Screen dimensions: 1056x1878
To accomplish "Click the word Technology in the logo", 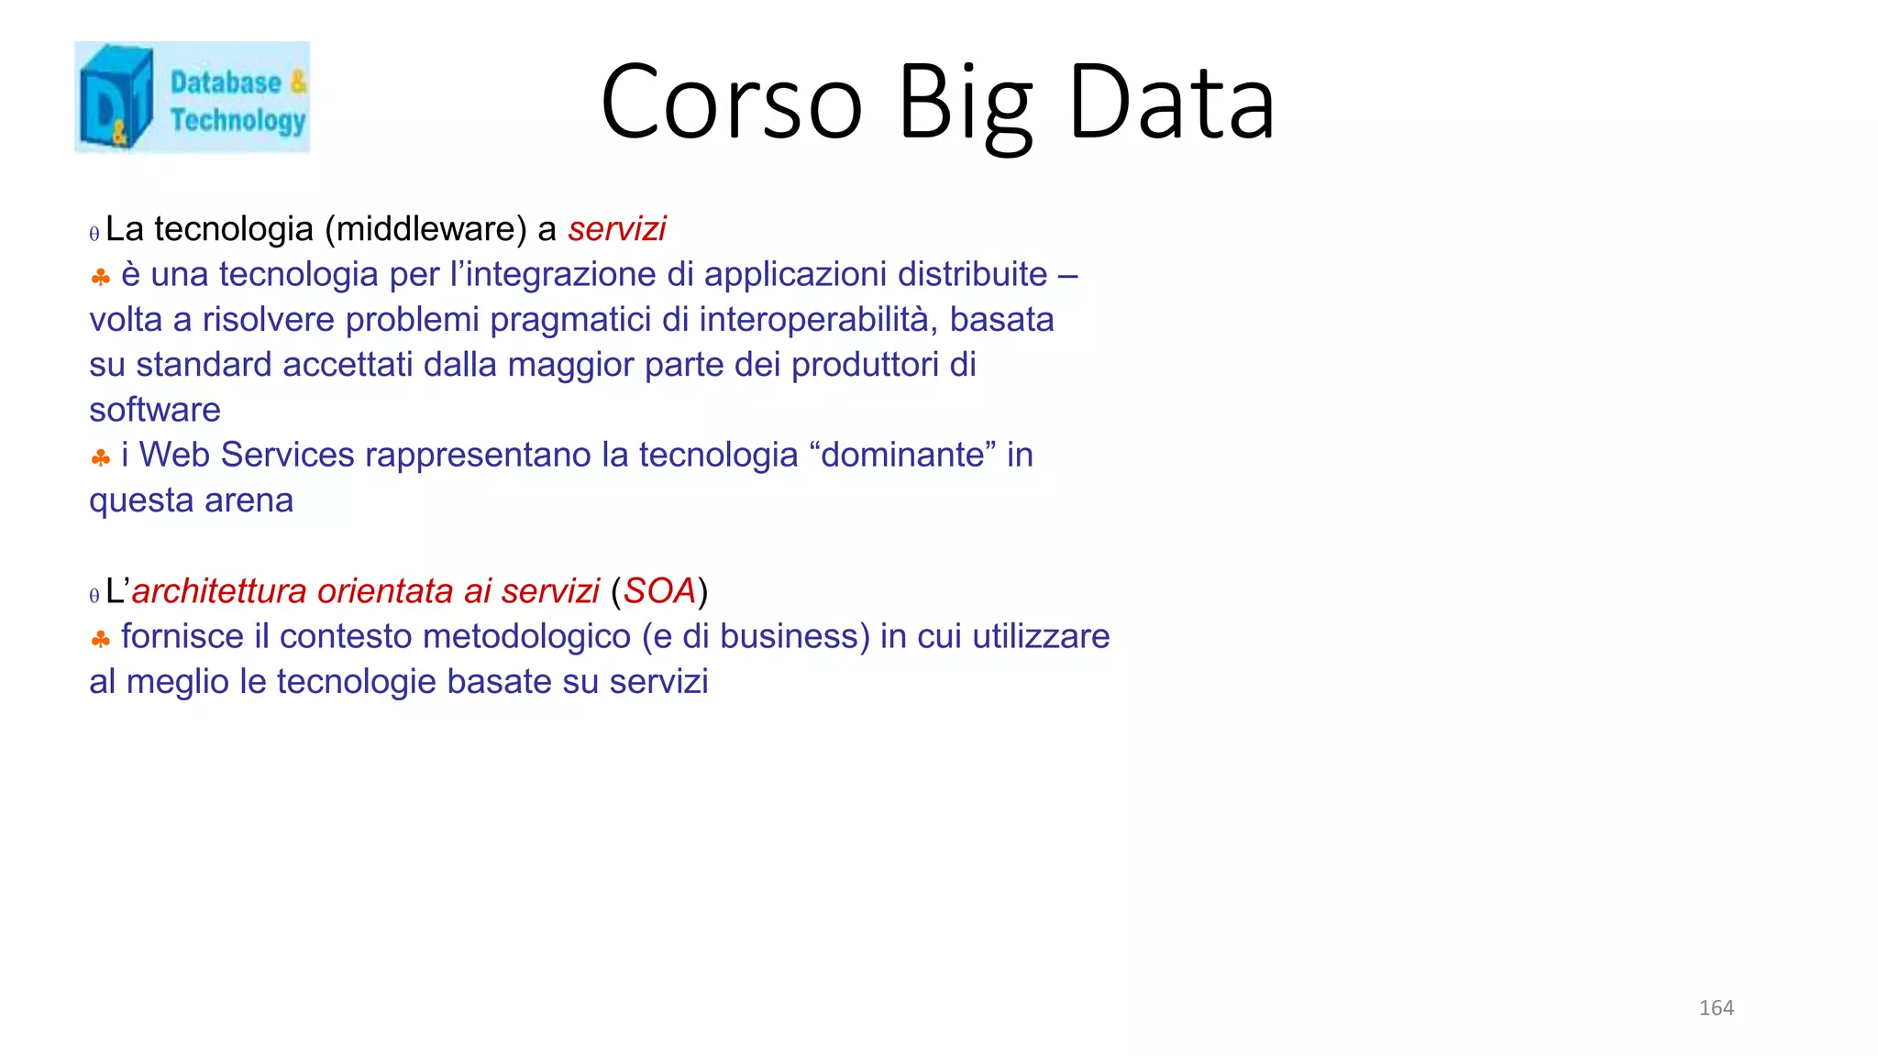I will [x=238, y=120].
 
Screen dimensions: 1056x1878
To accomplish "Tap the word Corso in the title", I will [x=731, y=103].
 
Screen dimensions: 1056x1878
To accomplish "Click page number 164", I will [x=1716, y=1007].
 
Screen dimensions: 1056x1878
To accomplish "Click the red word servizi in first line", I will [x=616, y=229].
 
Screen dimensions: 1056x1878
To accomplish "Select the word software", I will [x=155, y=410].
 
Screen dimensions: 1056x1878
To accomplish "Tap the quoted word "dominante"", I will [x=903, y=455].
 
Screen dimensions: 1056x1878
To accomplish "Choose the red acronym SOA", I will [x=659, y=591].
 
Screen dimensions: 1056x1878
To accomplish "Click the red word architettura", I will [x=219, y=591].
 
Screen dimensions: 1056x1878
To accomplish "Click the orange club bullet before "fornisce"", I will [x=101, y=639].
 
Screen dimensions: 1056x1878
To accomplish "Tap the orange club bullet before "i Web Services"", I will [x=101, y=457].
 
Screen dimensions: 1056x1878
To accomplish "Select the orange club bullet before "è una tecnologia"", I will [x=101, y=277].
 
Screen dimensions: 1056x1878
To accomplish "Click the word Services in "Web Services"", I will [x=287, y=455].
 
